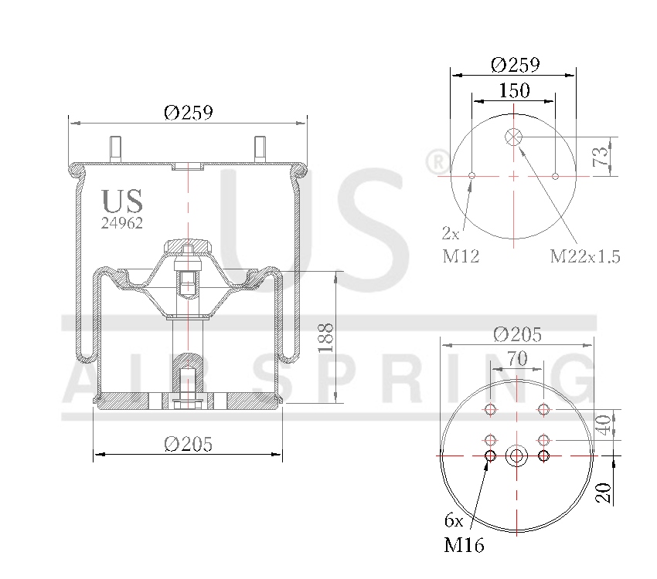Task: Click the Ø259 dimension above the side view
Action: tap(188, 113)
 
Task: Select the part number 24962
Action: tap(122, 222)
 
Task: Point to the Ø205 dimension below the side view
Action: tap(188, 444)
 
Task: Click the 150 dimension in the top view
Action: tap(514, 90)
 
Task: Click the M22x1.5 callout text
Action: tap(585, 256)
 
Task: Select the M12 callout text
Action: tap(461, 256)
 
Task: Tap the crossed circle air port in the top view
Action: tap(514, 137)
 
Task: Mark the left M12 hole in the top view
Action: tap(471, 176)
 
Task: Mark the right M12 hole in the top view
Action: tap(556, 176)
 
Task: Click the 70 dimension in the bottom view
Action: tap(516, 359)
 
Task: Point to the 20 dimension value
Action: tap(605, 492)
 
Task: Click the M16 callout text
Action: tap(464, 546)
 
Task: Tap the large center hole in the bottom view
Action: tap(516, 455)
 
